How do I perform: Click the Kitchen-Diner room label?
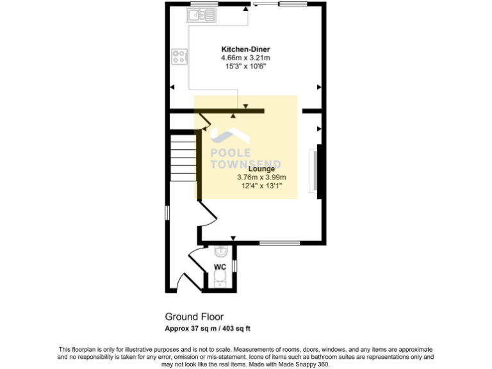click(x=245, y=49)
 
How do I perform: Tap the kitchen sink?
click(x=203, y=14)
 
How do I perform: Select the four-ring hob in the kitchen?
click(x=180, y=57)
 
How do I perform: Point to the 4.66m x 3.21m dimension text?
click(x=245, y=58)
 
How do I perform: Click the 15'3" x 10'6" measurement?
click(x=245, y=66)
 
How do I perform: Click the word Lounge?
click(x=261, y=169)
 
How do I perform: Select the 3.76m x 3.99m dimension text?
click(x=261, y=177)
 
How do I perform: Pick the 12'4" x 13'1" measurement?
click(x=261, y=186)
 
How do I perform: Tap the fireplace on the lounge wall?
click(x=315, y=170)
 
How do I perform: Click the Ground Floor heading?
click(x=194, y=316)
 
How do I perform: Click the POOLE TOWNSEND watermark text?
click(x=246, y=159)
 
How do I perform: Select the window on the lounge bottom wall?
click(x=279, y=243)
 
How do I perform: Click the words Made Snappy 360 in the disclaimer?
click(x=306, y=364)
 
